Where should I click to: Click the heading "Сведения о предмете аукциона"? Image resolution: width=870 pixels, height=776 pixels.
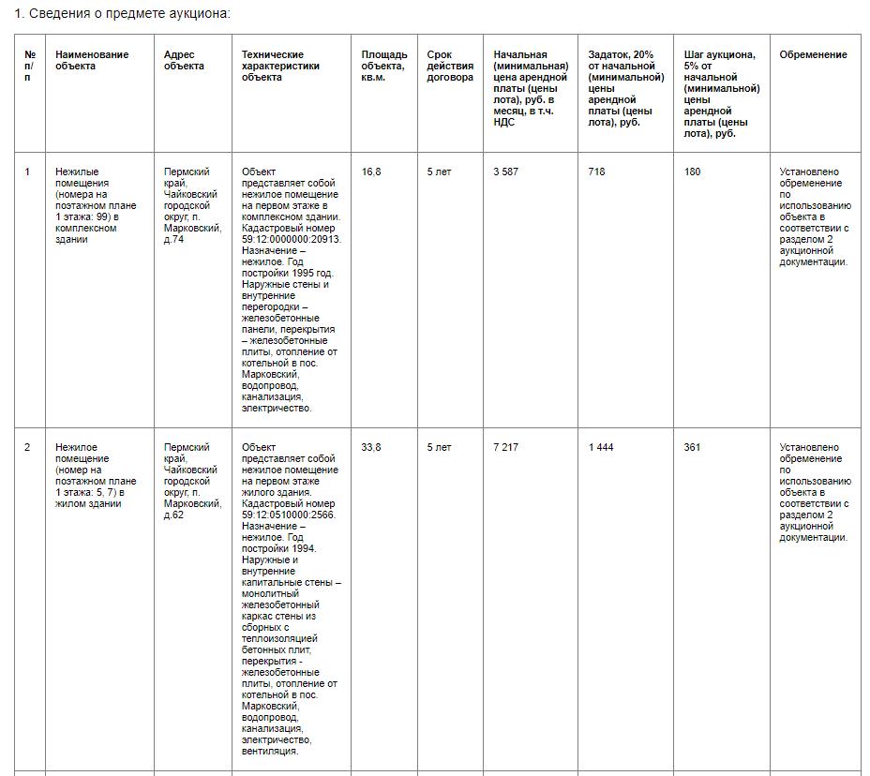click(128, 14)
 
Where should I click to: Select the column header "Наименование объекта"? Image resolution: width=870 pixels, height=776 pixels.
click(92, 60)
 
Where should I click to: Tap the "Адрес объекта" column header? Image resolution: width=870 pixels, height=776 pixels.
click(184, 60)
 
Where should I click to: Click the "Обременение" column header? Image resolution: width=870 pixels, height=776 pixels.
click(813, 54)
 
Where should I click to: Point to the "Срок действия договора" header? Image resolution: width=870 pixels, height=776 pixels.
click(449, 66)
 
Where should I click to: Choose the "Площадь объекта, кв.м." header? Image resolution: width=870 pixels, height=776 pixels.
click(384, 66)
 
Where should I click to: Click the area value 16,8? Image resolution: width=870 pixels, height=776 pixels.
click(371, 172)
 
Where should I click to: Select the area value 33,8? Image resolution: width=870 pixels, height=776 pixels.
click(371, 447)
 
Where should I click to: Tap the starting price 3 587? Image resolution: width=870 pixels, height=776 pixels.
click(505, 172)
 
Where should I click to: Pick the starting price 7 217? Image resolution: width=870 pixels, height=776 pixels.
click(505, 447)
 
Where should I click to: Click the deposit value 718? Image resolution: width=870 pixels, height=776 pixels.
click(596, 172)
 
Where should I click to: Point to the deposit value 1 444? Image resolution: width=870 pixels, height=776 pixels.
click(601, 447)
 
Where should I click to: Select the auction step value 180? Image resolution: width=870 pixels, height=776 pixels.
click(692, 172)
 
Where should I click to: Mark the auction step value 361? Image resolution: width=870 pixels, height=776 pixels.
click(692, 447)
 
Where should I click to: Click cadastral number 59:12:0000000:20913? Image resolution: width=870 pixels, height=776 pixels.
click(291, 239)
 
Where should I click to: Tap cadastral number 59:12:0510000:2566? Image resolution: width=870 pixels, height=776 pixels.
click(288, 515)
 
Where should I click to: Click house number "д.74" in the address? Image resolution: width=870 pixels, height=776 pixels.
click(173, 239)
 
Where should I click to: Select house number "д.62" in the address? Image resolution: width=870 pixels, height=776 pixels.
click(173, 515)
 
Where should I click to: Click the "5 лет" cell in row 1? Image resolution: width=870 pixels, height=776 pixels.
click(439, 172)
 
